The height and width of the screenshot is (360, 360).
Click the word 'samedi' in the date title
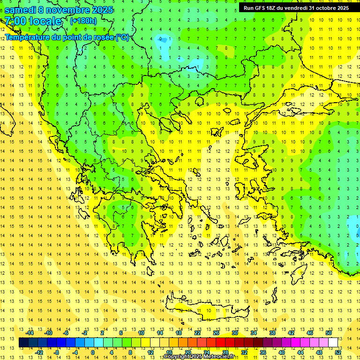(x=20, y=9)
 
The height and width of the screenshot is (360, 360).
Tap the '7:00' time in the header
(x=14, y=21)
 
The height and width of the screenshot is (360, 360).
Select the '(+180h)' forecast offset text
(x=83, y=21)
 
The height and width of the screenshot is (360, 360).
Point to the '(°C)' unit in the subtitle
(x=122, y=37)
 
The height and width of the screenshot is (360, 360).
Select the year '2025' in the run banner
(x=340, y=7)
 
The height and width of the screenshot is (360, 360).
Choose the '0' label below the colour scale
(x=92, y=352)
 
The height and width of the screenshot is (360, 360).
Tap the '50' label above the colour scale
(x=329, y=333)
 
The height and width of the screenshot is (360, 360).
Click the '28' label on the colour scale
(x=225, y=352)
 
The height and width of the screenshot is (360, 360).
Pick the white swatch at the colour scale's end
(x=333, y=342)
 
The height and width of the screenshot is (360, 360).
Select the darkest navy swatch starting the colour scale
(x=23, y=342)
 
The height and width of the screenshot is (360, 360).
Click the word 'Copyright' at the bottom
(x=177, y=357)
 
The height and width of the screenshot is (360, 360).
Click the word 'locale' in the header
(x=45, y=21)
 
